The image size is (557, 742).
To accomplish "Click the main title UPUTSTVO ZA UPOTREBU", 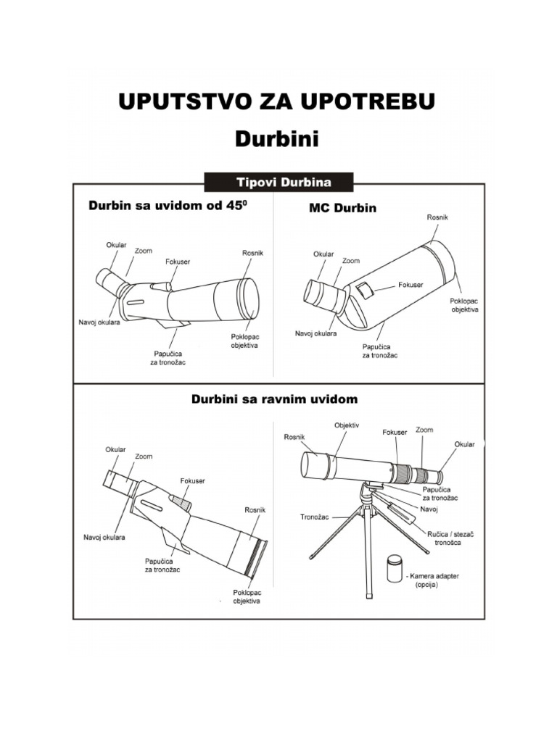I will [x=277, y=102].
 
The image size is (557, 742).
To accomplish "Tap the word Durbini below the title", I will [x=277, y=138].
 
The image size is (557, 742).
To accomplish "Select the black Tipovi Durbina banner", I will [x=279, y=181].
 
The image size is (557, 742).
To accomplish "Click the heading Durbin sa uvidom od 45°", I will [x=168, y=206].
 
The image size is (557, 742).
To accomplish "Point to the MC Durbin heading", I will [x=339, y=208].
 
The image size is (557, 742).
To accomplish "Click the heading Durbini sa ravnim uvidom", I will [x=274, y=399].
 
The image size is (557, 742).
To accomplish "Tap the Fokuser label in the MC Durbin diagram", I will [x=411, y=285].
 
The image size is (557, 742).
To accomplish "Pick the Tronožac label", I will [x=315, y=517].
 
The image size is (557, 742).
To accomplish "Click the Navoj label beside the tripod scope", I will [x=429, y=509].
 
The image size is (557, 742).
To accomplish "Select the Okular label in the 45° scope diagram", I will [x=117, y=246].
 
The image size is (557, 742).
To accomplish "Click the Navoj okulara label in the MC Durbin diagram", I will [x=315, y=333].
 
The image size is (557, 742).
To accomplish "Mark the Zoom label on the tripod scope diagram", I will [x=424, y=430].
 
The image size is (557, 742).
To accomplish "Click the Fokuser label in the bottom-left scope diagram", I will [x=192, y=480].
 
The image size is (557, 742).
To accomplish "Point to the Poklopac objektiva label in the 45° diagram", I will [x=245, y=341].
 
